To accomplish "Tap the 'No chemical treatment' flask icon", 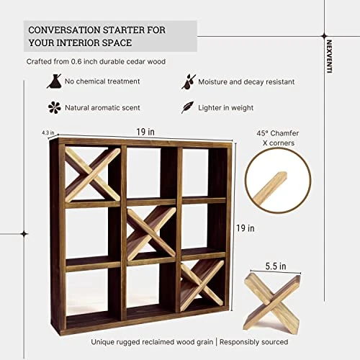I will pyautogui.click(x=53, y=82).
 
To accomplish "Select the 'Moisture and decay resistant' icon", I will pyautogui.click(x=186, y=81).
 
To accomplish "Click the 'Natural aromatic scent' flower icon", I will pyautogui.click(x=53, y=107).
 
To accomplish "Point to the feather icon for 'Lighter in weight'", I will pyautogui.click(x=186, y=107).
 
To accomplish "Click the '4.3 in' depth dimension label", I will pyautogui.click(x=48, y=132).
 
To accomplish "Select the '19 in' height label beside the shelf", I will pyautogui.click(x=245, y=228).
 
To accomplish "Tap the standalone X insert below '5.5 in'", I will pyautogui.click(x=271, y=300).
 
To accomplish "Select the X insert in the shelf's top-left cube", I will pyautogui.click(x=92, y=174).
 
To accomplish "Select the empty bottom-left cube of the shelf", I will pyautogui.click(x=92, y=290).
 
